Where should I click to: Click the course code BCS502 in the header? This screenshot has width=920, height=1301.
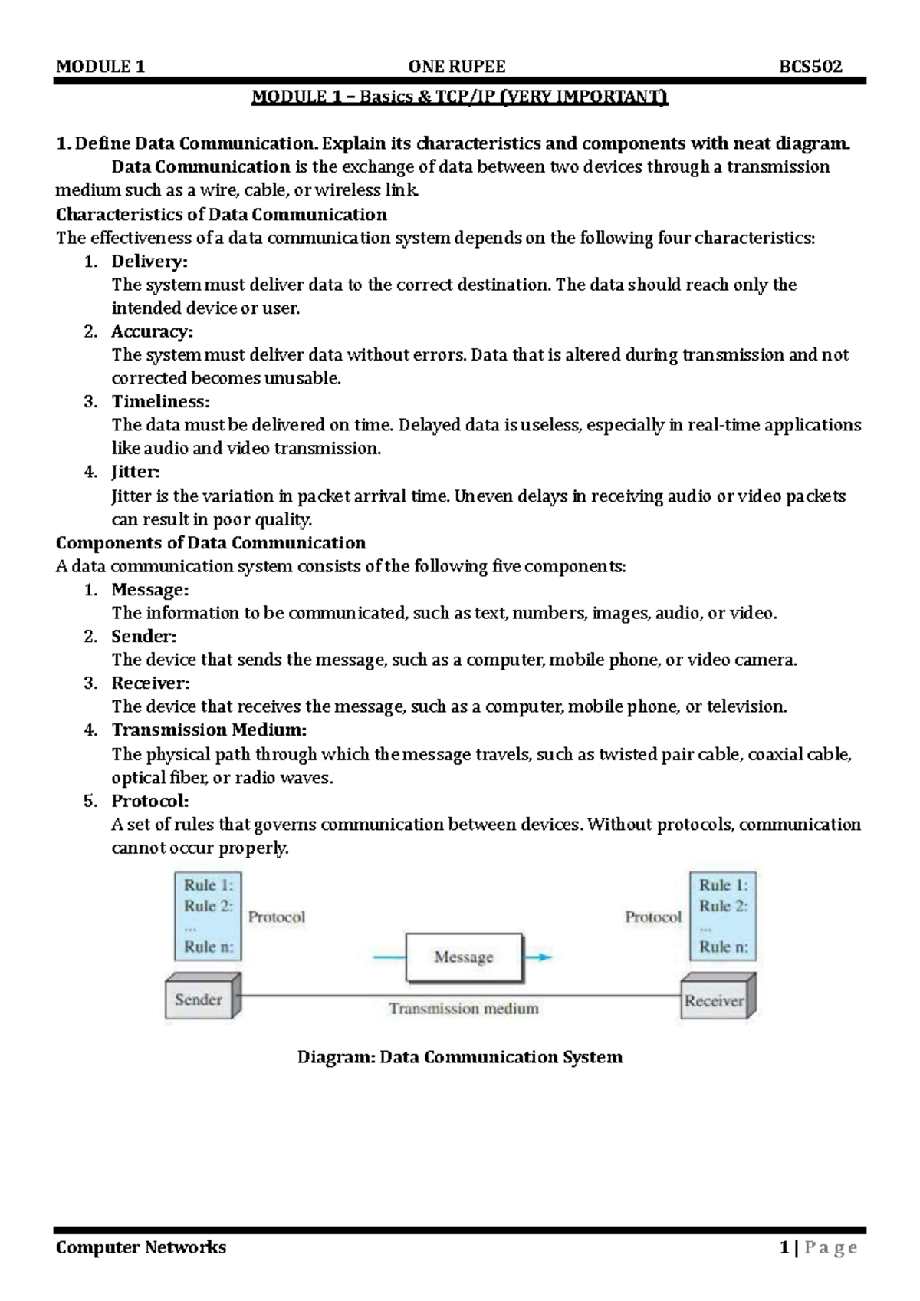810,67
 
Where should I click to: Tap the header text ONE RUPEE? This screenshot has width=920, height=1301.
457,67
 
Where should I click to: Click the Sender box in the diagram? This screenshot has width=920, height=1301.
199,1000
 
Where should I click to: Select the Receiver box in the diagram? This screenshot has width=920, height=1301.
714,1000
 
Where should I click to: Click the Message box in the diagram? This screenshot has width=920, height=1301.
464,957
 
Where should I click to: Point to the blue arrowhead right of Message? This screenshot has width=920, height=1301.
544,957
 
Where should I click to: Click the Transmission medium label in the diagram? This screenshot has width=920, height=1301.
464,1009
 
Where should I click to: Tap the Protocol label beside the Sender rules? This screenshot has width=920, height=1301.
276,917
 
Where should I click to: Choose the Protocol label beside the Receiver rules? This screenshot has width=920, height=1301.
653,917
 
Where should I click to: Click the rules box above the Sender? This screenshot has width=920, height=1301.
209,916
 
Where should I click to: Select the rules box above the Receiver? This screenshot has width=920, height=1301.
723,916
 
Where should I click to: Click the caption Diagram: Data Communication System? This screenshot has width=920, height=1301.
460,1057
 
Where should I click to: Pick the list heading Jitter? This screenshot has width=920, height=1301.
136,472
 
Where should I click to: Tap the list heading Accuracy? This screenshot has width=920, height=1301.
153,331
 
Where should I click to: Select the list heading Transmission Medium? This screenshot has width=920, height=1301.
209,730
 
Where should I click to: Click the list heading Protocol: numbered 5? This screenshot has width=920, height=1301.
150,801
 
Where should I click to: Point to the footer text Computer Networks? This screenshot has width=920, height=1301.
141,1247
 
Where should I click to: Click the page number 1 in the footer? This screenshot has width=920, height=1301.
784,1248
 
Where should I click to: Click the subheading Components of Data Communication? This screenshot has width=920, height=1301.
211,543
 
